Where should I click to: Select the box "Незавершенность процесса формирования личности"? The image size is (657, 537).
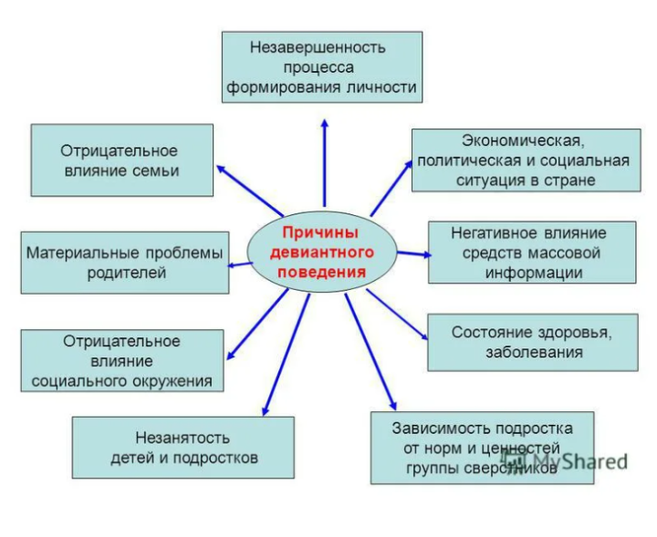click(x=322, y=67)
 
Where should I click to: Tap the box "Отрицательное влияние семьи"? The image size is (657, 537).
click(x=122, y=160)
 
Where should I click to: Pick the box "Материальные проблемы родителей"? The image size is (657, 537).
click(x=124, y=263)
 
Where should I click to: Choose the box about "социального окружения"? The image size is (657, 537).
click(x=122, y=361)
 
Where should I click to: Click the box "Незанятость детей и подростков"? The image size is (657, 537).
click(x=183, y=448)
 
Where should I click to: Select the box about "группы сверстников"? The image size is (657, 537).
click(x=482, y=448)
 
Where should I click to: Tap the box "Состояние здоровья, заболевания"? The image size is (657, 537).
click(x=533, y=342)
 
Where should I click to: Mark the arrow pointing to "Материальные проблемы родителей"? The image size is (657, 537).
click(x=239, y=264)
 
